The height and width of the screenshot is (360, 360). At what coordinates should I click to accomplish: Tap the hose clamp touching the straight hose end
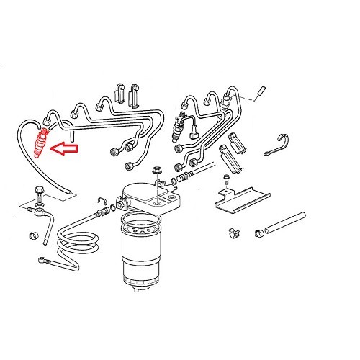(x=258, y=234)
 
